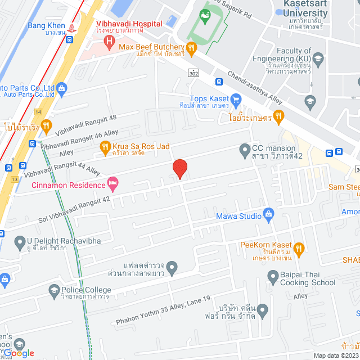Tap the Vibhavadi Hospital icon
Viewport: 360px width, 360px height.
pos(109,41)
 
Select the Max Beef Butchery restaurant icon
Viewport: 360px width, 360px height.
pos(191,48)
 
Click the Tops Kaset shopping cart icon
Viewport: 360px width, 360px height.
pos(236,102)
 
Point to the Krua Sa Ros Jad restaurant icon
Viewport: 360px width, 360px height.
pos(105,147)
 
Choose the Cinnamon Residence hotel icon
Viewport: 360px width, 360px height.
pos(112,183)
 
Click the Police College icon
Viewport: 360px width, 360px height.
pos(55,291)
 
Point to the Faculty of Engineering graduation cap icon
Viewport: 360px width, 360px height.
pos(318,58)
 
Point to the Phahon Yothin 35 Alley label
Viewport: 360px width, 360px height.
pos(163,318)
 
